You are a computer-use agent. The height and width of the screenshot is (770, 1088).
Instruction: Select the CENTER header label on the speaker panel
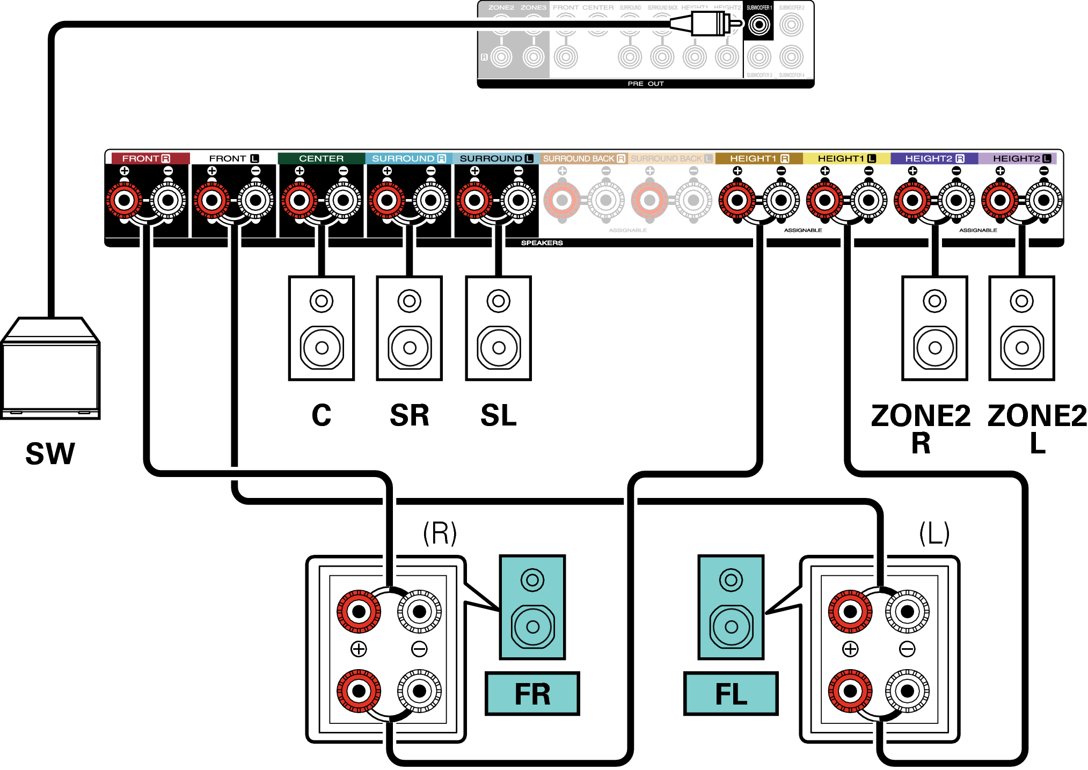point(321,158)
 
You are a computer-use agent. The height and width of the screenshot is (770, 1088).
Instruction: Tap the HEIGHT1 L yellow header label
point(846,158)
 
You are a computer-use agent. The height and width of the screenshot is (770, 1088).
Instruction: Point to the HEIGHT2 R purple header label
point(934,158)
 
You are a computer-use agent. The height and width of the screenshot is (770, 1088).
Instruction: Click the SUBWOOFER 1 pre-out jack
point(758,25)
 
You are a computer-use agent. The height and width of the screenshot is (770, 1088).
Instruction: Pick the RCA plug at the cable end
point(709,24)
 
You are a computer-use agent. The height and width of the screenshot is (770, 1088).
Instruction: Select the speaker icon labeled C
point(321,328)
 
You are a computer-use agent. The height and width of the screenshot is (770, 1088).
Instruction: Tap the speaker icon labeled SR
point(409,328)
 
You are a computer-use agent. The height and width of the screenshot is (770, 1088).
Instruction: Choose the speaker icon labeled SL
point(498,328)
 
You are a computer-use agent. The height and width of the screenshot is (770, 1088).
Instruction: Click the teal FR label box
point(532,694)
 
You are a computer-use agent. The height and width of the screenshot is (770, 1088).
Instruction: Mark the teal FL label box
point(731,694)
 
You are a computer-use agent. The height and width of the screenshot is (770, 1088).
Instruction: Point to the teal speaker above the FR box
point(532,607)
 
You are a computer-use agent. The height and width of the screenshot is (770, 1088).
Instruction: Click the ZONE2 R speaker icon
point(934,328)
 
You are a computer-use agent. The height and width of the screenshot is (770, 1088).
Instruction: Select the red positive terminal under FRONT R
point(125,201)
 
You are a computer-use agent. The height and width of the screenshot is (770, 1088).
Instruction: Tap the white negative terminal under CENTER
point(343,201)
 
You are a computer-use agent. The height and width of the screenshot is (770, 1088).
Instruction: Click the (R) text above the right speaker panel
point(440,533)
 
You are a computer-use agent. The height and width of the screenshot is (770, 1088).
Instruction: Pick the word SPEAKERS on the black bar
point(542,243)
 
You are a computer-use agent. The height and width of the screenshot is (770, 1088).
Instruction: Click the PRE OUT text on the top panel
point(646,84)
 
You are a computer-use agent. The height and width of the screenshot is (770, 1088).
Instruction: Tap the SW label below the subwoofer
point(50,454)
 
